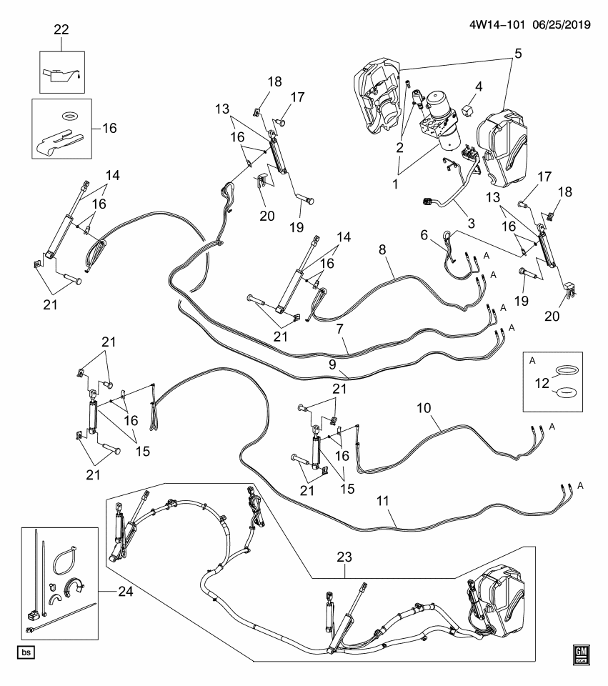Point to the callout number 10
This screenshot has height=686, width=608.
[x=424, y=409]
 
